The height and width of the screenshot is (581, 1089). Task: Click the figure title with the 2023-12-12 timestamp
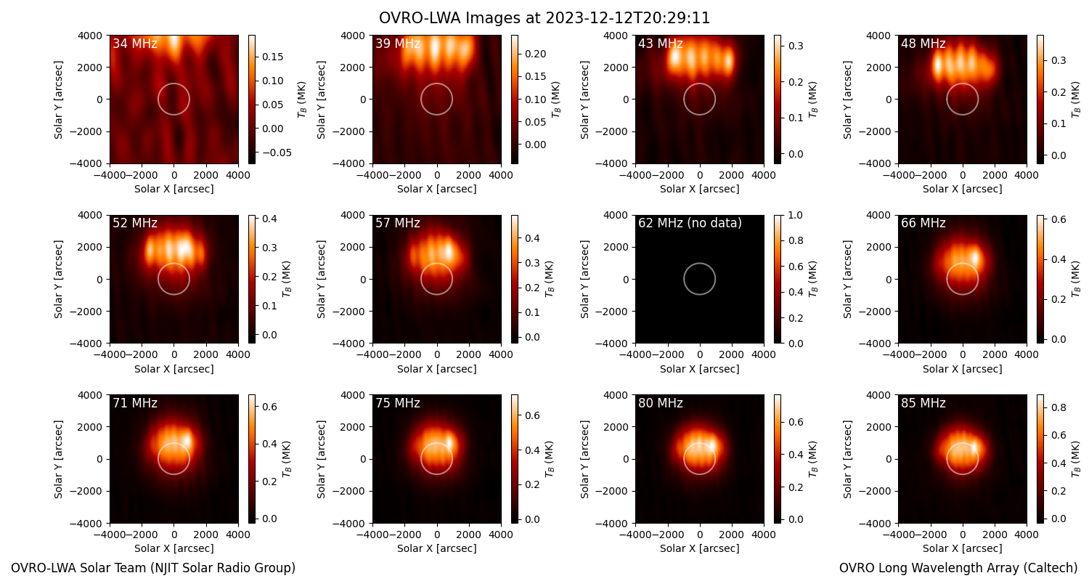[544, 18]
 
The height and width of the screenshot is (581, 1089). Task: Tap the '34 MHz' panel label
[135, 44]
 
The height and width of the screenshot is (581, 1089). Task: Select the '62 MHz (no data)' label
[690, 223]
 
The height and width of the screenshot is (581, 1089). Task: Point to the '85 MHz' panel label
[923, 403]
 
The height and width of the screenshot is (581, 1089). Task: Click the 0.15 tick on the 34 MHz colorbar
[273, 57]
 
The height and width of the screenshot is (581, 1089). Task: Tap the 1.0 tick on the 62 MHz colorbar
[795, 215]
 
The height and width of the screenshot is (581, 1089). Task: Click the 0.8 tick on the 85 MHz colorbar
[1059, 407]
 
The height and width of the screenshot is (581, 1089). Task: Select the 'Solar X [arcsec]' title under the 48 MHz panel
[962, 189]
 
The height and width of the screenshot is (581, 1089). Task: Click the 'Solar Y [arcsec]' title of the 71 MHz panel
[58, 459]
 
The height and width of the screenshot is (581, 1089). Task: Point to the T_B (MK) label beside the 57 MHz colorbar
[550, 279]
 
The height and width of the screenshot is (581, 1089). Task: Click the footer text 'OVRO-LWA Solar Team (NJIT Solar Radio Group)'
[153, 568]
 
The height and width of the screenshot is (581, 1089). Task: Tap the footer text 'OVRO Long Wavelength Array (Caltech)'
[958, 568]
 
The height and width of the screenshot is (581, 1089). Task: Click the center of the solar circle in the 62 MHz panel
[700, 279]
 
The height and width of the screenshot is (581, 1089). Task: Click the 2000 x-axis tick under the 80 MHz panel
[732, 535]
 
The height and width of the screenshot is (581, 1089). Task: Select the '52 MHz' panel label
[135, 223]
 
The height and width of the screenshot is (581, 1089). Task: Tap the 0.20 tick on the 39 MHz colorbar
[535, 54]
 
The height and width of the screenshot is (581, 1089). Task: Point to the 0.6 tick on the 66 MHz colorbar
[1059, 219]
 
